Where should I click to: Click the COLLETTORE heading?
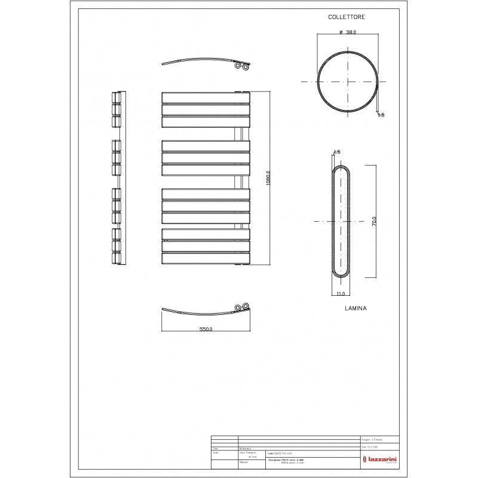click(347, 18)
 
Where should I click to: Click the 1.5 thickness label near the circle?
click(381, 115)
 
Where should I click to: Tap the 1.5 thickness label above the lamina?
click(336, 152)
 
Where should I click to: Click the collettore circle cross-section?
click(348, 81)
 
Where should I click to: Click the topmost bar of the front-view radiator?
click(205, 97)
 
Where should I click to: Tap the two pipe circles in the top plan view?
click(241, 67)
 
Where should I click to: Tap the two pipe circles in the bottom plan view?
click(241, 307)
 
